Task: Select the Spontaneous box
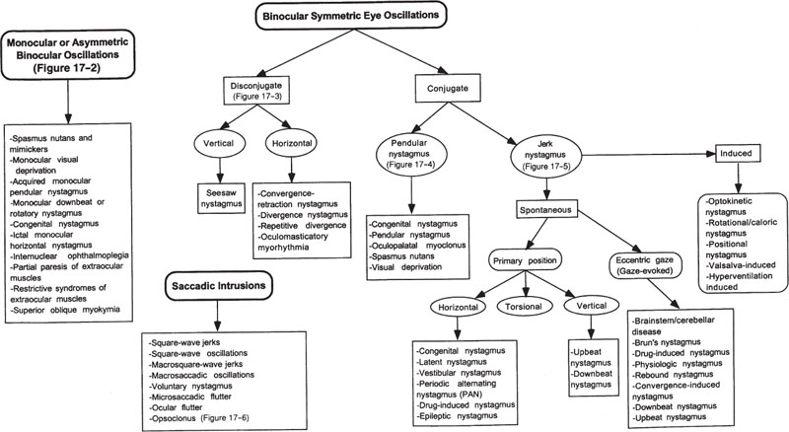[554, 211]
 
